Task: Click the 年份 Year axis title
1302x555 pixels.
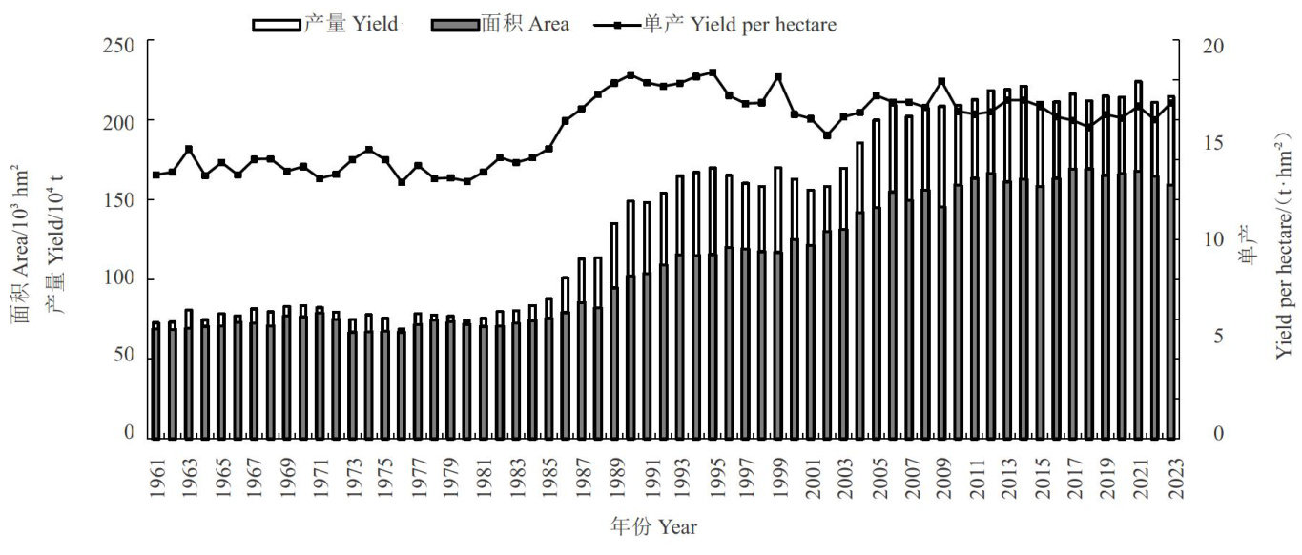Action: click(653, 525)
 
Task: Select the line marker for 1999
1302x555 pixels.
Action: click(778, 77)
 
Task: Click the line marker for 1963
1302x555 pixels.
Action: click(189, 149)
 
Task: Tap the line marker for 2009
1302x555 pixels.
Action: click(941, 82)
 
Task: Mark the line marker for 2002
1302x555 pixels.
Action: click(827, 135)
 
